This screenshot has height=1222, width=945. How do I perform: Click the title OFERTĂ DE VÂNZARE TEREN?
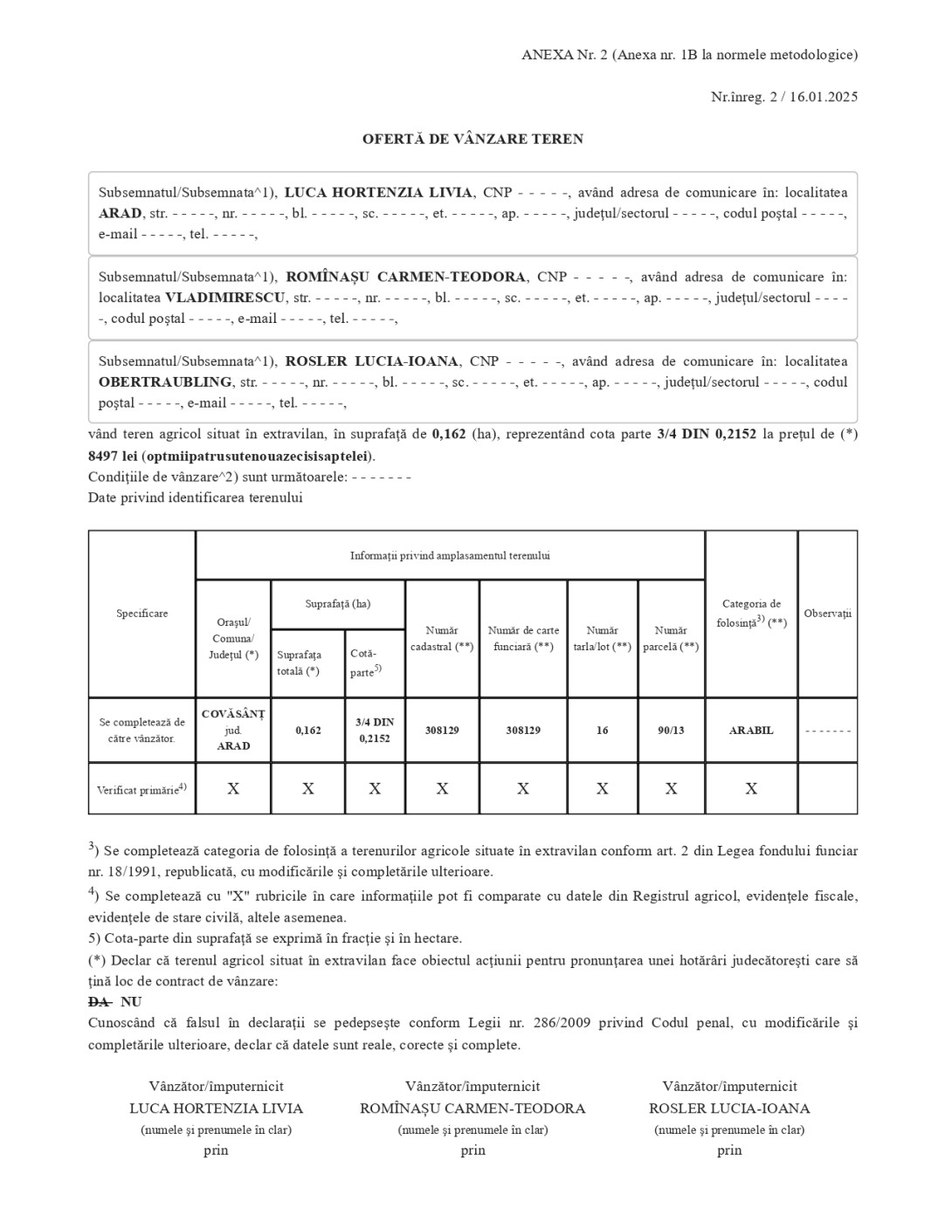(x=472, y=139)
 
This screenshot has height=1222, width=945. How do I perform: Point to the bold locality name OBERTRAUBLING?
(x=165, y=382)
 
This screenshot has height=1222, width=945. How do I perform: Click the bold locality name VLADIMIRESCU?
(x=225, y=298)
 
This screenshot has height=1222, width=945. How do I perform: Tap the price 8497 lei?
(x=112, y=456)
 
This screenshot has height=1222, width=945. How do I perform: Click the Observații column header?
(x=827, y=614)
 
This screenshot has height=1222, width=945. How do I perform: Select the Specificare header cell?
(x=141, y=614)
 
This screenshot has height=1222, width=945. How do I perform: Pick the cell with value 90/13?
(x=671, y=731)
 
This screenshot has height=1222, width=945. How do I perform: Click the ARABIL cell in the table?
(x=751, y=731)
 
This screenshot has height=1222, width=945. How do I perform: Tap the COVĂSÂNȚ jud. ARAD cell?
(x=233, y=730)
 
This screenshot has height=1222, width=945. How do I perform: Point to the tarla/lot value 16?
(x=602, y=731)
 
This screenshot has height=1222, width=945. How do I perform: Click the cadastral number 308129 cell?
(x=442, y=731)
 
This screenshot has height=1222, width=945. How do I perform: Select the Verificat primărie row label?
(x=141, y=790)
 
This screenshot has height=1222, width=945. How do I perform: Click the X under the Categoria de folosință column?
(x=751, y=789)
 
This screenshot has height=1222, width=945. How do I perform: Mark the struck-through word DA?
(x=99, y=1002)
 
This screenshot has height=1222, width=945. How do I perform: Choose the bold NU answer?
(x=131, y=1002)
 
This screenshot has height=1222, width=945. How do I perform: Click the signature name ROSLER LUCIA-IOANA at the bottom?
(x=729, y=1109)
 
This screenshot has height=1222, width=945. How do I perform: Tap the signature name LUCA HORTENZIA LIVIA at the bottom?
(x=216, y=1109)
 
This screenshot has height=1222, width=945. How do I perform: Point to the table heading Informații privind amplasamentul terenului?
(x=450, y=555)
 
